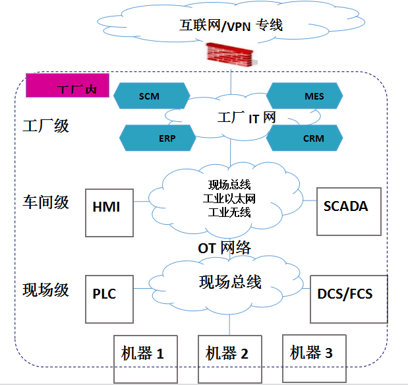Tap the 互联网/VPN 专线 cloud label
(231, 26)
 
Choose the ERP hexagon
(158, 138)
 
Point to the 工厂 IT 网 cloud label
(246, 118)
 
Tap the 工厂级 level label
(45, 125)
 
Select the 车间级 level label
(45, 201)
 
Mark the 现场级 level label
(45, 290)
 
